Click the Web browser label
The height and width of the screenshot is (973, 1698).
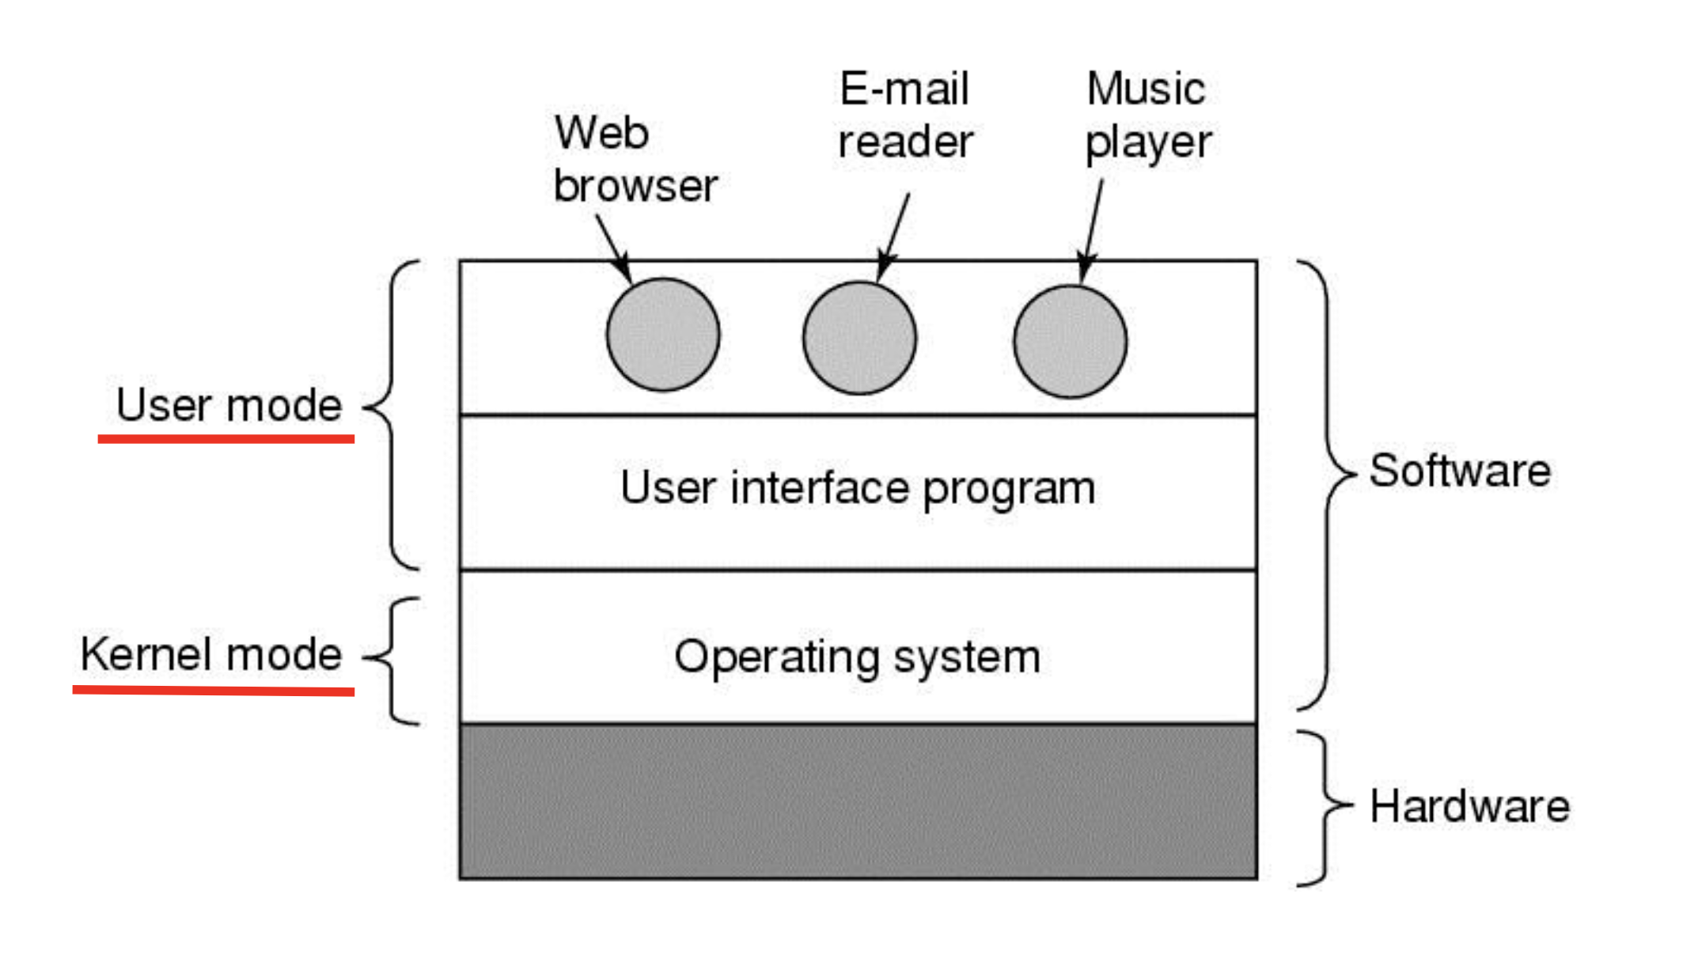coord(634,159)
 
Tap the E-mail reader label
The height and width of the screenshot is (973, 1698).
coord(904,115)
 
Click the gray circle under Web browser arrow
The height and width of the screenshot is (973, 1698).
coord(663,334)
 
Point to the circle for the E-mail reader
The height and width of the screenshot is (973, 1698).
coord(859,338)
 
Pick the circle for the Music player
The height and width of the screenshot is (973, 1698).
coord(1070,341)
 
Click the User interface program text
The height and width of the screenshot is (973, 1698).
coord(858,488)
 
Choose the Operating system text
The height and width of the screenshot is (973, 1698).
coord(858,657)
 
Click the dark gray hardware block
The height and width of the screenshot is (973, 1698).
coord(858,801)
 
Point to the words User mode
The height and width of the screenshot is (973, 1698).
coord(229,405)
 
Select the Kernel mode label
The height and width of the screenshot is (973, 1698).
coord(210,654)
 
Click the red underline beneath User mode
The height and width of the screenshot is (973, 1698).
coord(226,438)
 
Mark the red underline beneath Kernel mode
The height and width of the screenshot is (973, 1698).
coord(213,691)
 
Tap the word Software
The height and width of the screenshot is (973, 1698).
coord(1460,471)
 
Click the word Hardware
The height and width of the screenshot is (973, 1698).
coord(1469,806)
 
